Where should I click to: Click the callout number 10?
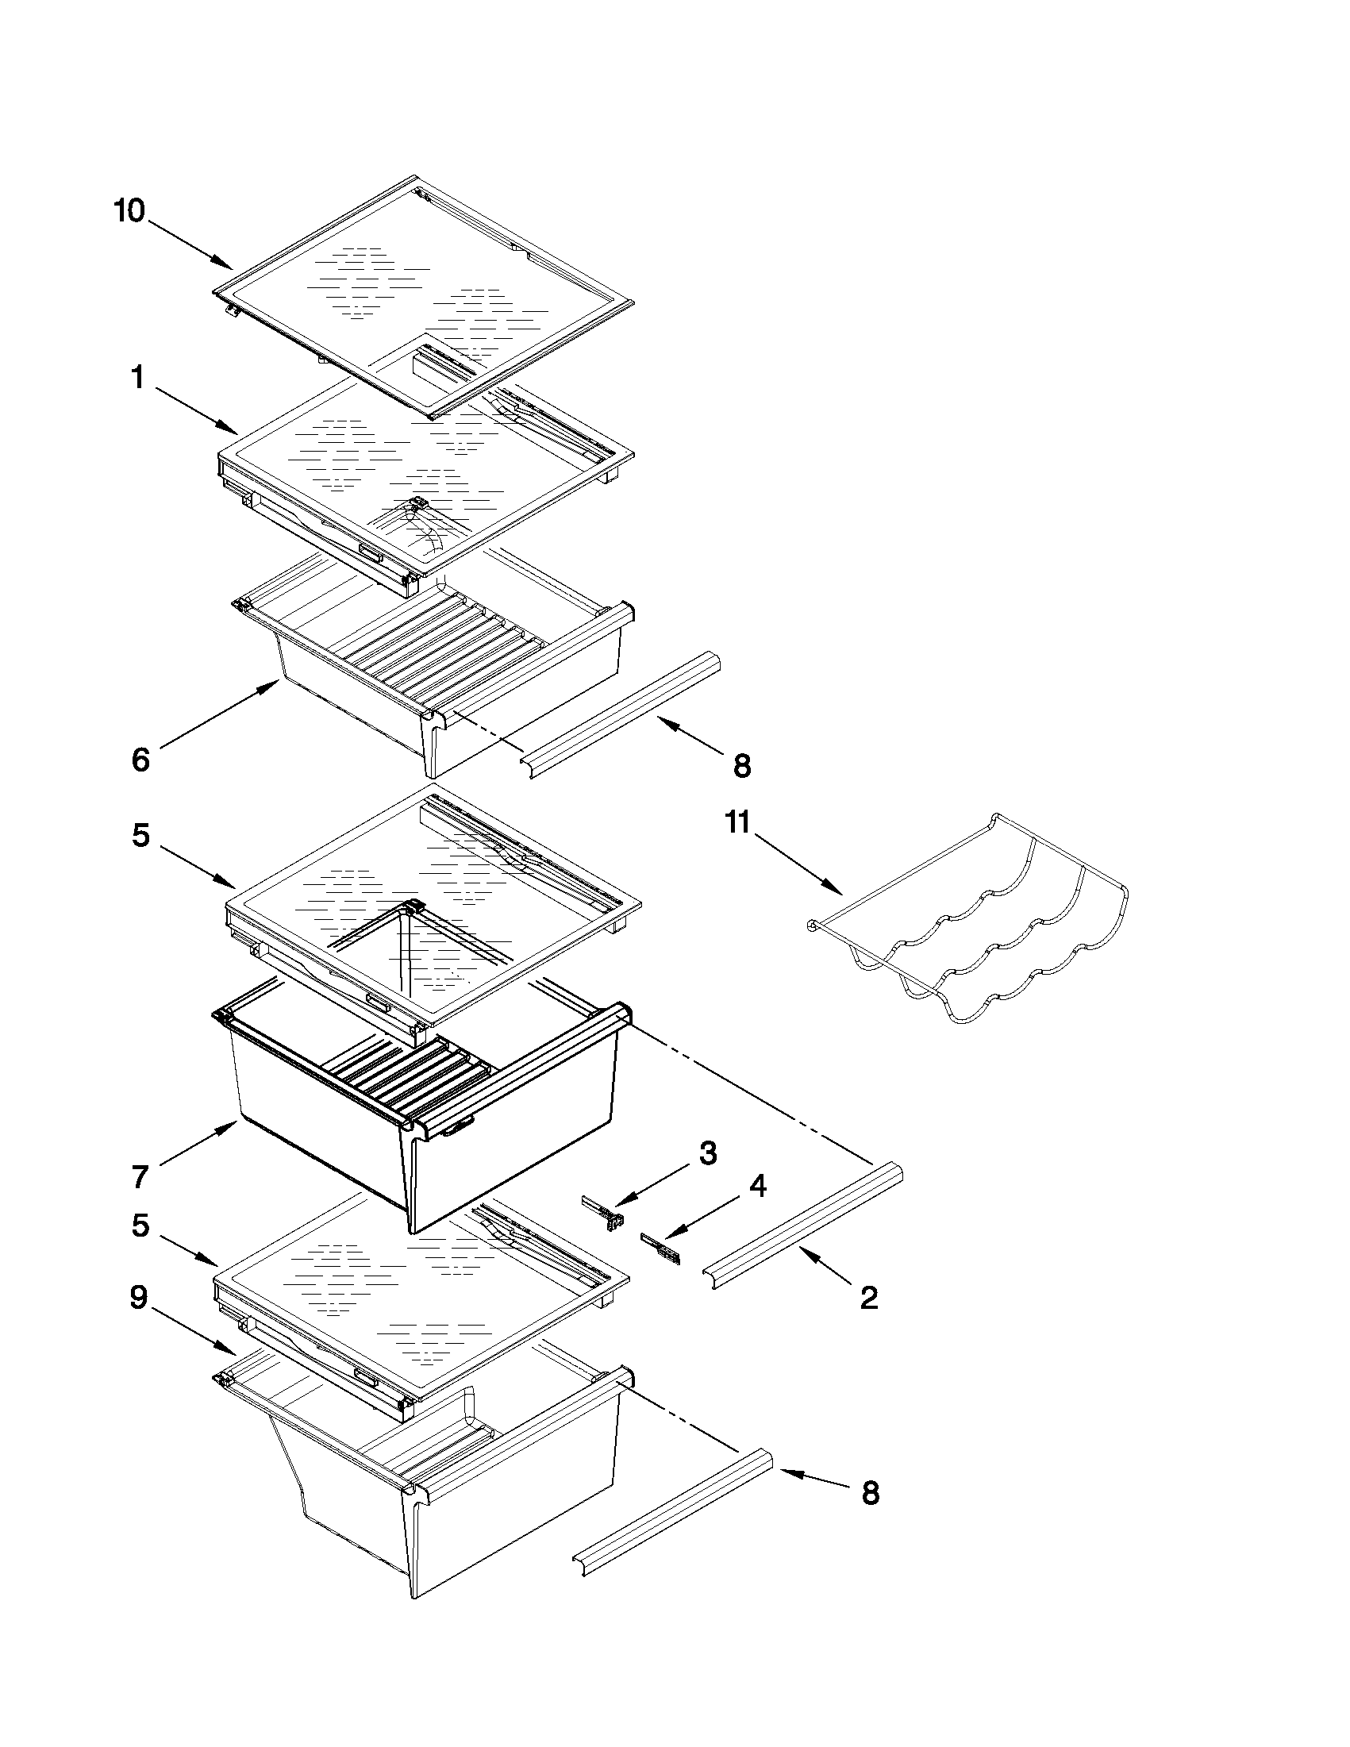(129, 211)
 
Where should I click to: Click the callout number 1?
(137, 378)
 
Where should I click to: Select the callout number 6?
(140, 759)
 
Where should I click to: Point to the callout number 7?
(140, 1176)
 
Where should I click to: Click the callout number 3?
(708, 1152)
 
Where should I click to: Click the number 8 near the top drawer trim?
(742, 766)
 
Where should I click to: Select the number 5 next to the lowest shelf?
(140, 1226)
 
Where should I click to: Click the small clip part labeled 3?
(603, 1214)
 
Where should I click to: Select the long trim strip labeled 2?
(802, 1230)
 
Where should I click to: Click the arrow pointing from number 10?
(189, 244)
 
